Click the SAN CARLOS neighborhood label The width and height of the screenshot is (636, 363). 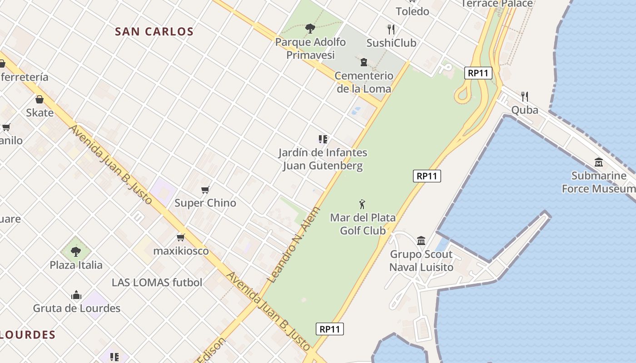[154, 32]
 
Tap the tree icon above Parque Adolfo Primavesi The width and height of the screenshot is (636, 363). [310, 29]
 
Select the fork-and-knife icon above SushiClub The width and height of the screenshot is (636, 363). [391, 29]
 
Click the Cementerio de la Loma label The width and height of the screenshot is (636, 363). [363, 82]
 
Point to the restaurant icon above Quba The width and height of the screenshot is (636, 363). [525, 96]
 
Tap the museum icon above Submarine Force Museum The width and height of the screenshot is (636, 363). [598, 162]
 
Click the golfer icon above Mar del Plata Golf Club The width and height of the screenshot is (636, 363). [362, 204]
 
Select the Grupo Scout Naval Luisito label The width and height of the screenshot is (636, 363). [421, 261]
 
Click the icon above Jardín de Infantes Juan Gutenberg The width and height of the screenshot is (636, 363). [323, 139]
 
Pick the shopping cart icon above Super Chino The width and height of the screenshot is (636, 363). [205, 190]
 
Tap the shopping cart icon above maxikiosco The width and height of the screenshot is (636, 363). [181, 237]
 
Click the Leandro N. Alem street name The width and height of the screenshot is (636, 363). [294, 245]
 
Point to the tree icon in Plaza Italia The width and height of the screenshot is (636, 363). [76, 251]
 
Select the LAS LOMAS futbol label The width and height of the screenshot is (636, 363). [157, 282]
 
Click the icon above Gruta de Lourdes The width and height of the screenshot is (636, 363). [76, 295]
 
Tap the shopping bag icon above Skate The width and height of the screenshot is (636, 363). [40, 99]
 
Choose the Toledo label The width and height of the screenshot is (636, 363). [412, 11]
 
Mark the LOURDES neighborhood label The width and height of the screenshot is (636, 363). [27, 335]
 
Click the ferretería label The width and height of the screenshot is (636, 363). [25, 77]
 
